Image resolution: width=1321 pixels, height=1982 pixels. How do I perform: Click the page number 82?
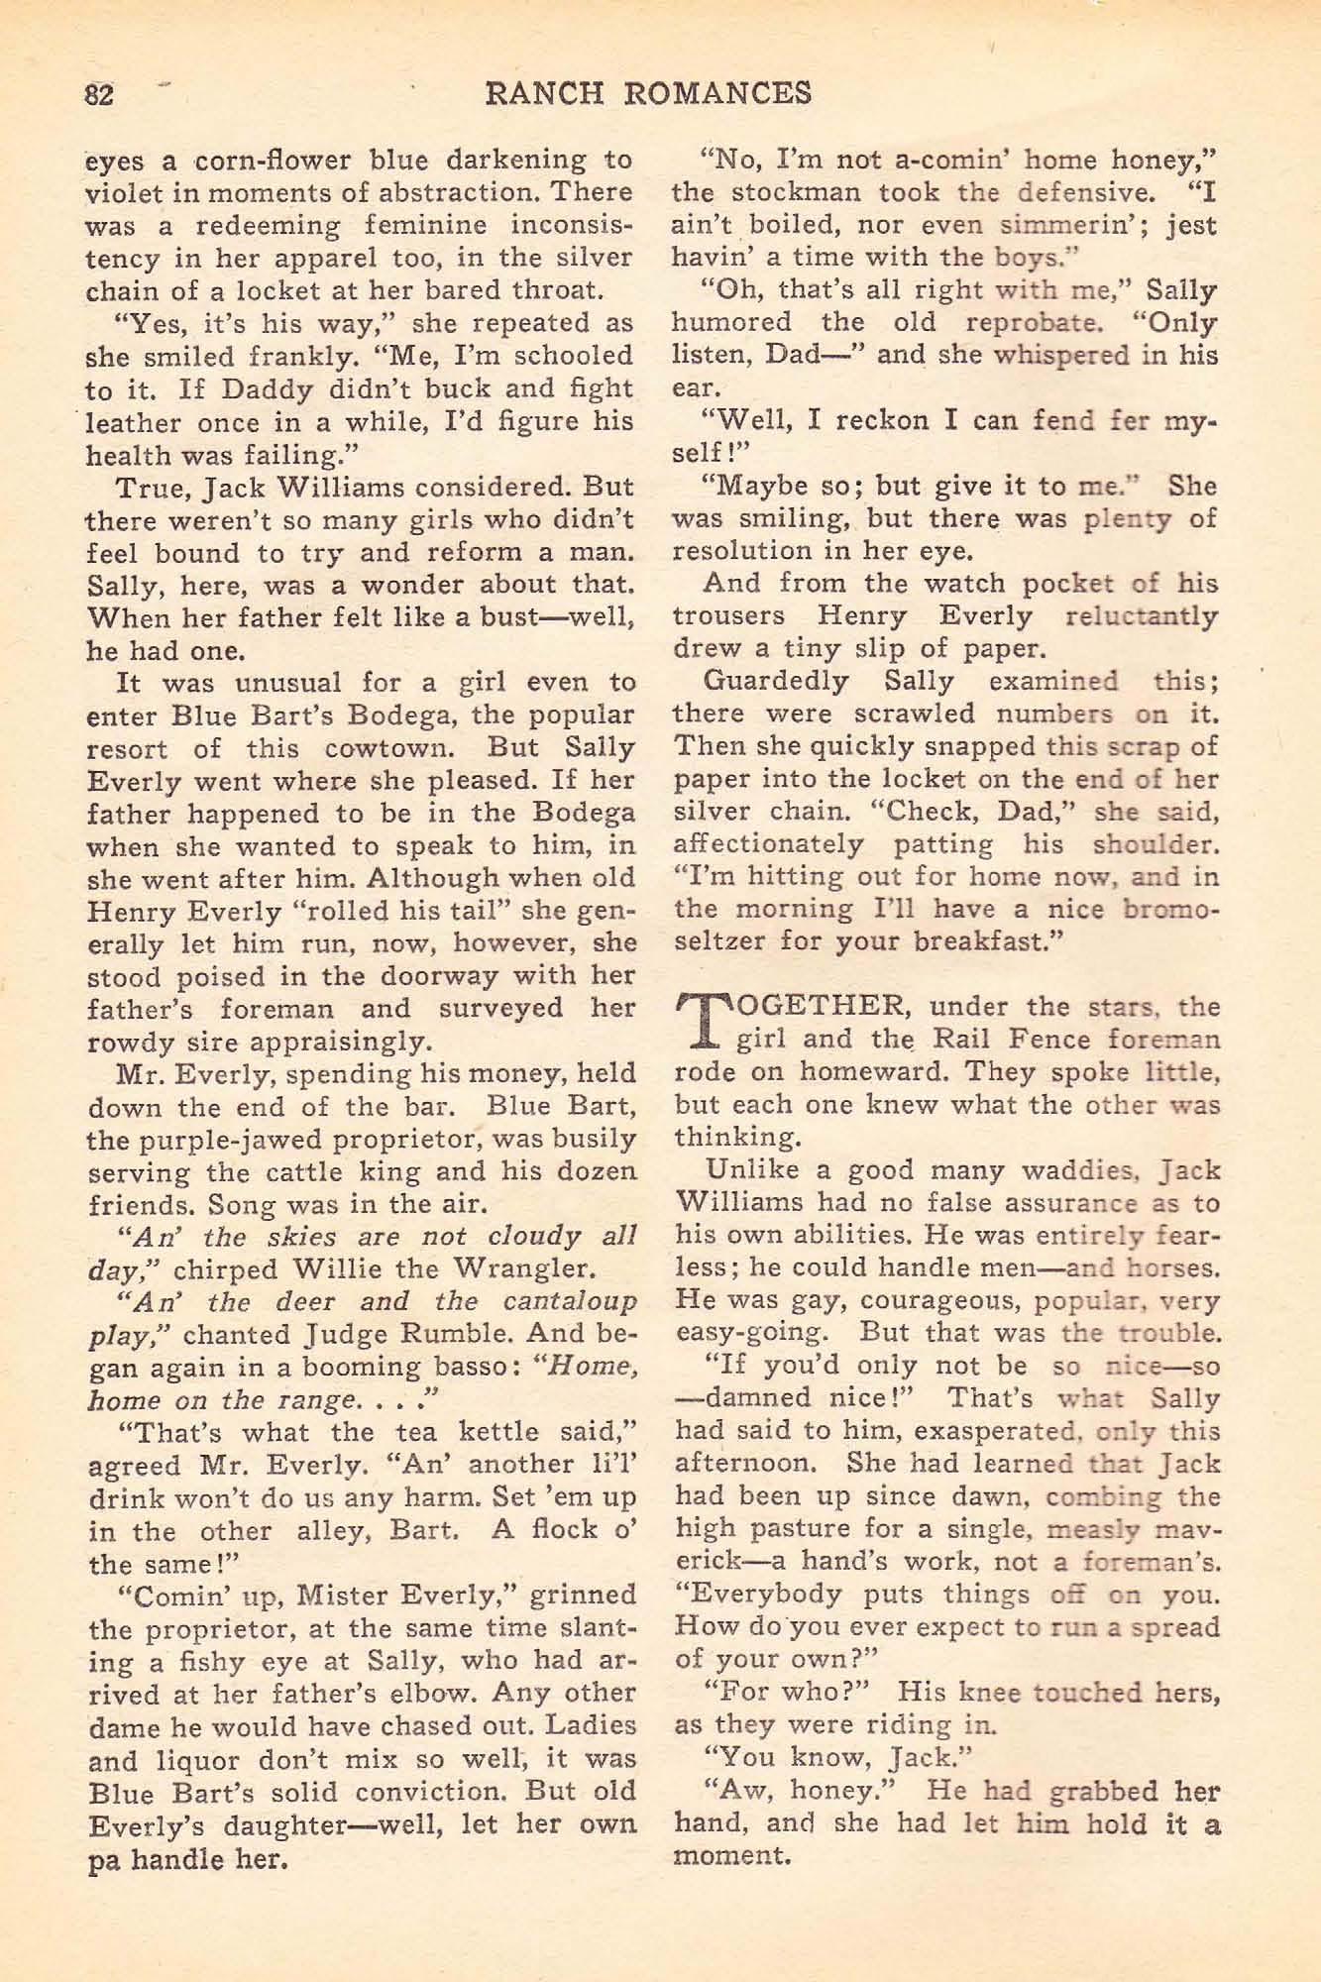[x=100, y=94]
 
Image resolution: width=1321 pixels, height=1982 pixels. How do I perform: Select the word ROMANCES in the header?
[x=721, y=92]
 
